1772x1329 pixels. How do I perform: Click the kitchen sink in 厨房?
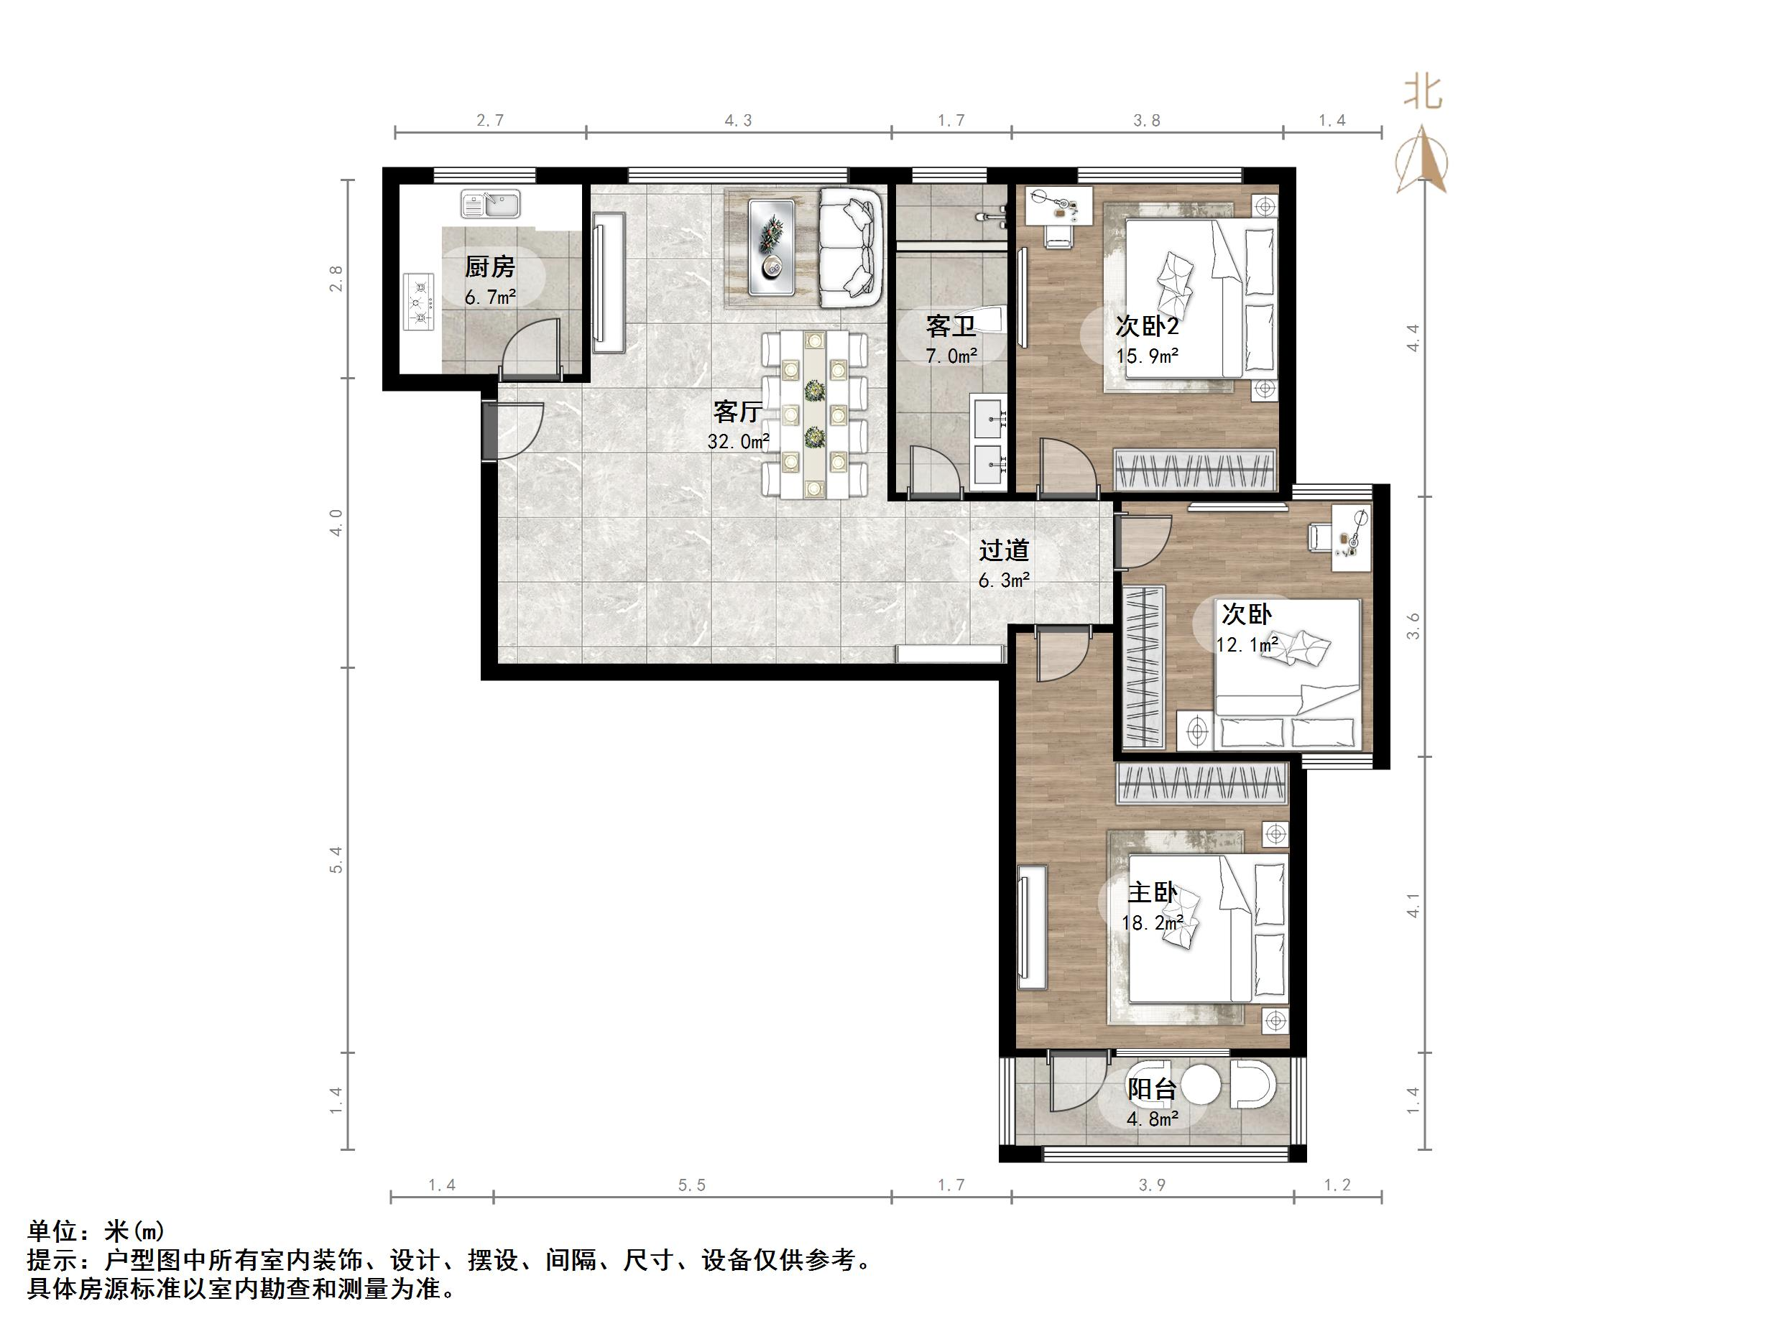coord(490,203)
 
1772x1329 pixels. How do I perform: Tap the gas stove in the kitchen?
coord(417,302)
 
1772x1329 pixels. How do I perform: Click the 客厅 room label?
coord(737,412)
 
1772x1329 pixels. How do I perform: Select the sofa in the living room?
coord(849,246)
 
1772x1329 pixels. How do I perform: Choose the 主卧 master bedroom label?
coord(1152,892)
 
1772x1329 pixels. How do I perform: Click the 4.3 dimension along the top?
coord(738,121)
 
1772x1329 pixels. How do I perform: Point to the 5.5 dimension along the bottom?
coord(691,1185)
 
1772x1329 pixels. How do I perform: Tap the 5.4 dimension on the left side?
coord(336,860)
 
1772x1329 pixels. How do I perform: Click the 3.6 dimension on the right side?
coord(1413,626)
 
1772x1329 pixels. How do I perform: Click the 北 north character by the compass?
coord(1422,93)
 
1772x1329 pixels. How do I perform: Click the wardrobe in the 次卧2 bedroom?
coord(1194,469)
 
